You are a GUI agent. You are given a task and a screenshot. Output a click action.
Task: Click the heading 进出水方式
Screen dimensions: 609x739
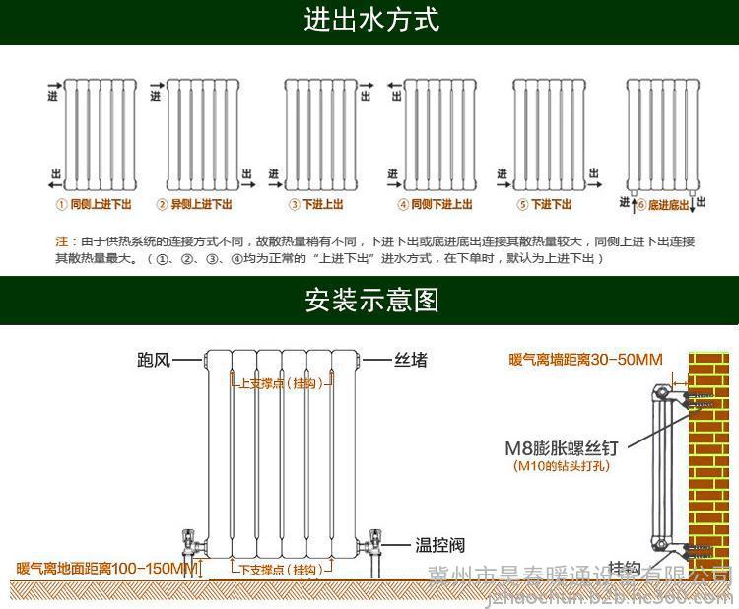coord(369,19)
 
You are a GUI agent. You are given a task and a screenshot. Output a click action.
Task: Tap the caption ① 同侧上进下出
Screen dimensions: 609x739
coord(94,205)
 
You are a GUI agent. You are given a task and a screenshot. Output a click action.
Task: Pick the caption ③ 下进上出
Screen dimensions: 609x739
coord(315,205)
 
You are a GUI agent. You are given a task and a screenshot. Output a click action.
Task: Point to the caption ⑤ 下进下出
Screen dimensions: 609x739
coord(544,205)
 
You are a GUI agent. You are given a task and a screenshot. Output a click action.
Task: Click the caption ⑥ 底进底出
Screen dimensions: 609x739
coord(662,205)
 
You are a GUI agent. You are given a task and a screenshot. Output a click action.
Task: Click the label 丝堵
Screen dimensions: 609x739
coord(411,360)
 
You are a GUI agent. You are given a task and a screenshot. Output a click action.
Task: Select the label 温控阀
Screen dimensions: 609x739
coord(439,545)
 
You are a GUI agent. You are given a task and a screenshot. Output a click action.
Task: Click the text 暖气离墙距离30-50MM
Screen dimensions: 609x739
coord(585,360)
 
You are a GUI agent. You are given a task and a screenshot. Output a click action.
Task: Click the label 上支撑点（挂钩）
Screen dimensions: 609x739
coord(281,384)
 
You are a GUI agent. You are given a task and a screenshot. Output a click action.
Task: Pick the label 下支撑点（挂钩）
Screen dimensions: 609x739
coord(281,570)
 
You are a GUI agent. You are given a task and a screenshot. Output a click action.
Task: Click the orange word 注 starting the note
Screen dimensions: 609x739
coord(61,240)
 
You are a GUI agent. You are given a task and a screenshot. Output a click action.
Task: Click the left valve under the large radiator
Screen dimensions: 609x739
coord(193,545)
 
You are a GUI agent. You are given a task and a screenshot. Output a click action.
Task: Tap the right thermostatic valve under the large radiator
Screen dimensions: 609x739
coord(374,543)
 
